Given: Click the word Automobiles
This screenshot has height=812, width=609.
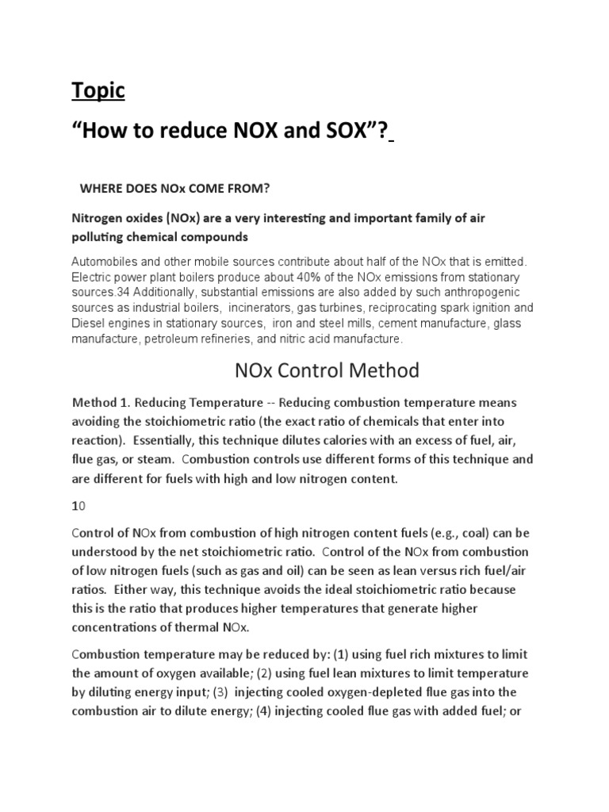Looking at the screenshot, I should tap(106, 261).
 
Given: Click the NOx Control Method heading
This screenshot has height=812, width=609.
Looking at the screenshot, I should tap(327, 370).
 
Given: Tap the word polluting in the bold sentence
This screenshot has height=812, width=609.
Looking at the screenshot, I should tap(103, 237).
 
